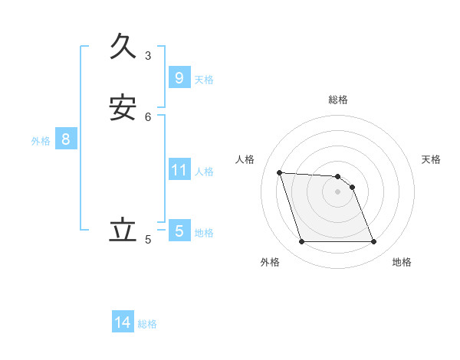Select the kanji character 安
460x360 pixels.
123,108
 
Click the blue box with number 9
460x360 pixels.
179,77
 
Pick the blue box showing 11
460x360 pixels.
179,170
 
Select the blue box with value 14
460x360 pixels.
123,323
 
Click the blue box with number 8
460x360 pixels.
66,139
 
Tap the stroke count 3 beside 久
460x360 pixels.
148,55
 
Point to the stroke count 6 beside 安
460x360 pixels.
148,116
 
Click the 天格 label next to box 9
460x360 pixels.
204,80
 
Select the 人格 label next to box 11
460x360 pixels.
204,172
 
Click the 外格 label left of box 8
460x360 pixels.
41,141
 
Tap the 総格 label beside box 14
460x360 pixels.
147,325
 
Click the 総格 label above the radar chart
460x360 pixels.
338,100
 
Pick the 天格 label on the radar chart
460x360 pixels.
431,159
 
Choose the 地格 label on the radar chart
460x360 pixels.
402,262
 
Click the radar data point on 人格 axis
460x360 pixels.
280,172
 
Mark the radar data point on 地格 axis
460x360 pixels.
373,242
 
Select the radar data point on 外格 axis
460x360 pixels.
302,242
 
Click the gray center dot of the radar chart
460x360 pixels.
338,191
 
